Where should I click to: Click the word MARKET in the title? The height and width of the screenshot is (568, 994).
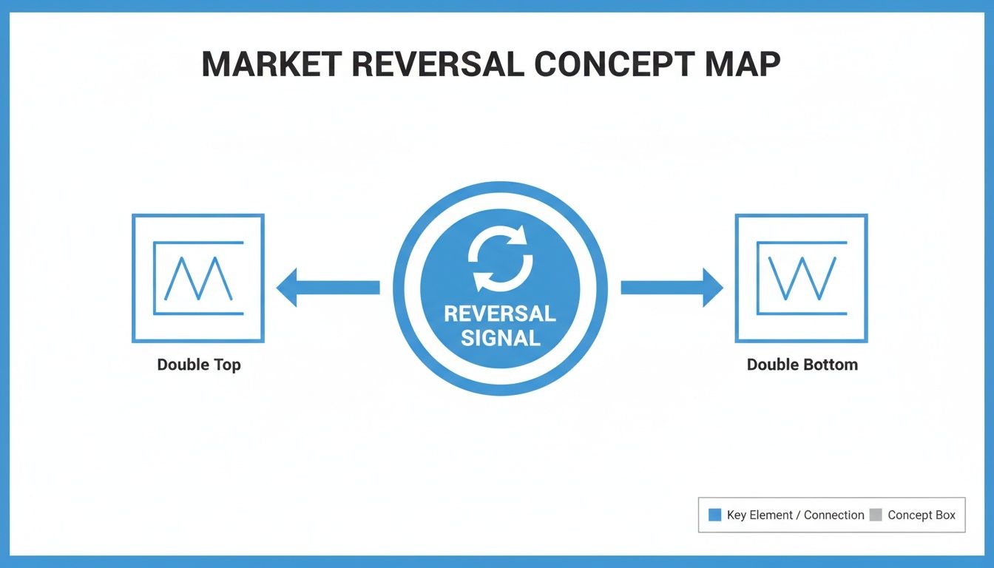(x=270, y=64)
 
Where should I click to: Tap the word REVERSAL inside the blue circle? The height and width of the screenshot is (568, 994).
(x=500, y=314)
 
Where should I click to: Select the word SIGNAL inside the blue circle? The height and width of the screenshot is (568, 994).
(x=500, y=339)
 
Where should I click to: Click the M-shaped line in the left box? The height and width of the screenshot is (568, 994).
(x=197, y=279)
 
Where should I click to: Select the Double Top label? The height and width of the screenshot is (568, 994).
(x=198, y=365)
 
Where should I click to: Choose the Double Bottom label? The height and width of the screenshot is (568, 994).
(x=802, y=365)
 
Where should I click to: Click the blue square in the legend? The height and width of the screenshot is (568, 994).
(x=714, y=515)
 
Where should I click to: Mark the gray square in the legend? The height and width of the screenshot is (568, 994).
(x=876, y=515)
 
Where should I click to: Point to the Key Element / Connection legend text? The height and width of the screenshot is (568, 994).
(x=795, y=515)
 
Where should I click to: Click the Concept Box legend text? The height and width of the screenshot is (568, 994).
(x=922, y=515)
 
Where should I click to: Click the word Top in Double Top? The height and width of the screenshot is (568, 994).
(x=226, y=365)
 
